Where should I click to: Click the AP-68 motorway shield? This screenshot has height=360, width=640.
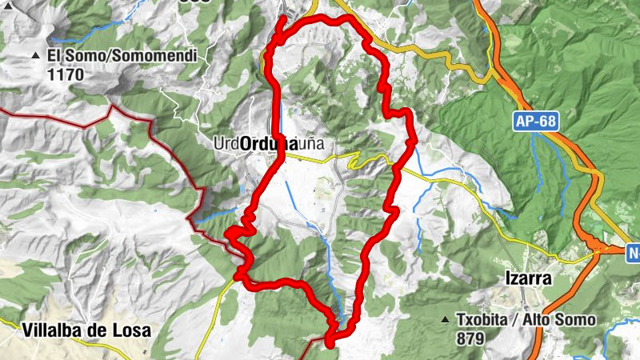[535, 122]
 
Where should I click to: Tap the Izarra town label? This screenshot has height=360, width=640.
[529, 279]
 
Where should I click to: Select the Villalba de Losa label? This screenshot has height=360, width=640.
[86, 330]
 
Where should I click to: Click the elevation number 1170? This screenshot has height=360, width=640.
[66, 75]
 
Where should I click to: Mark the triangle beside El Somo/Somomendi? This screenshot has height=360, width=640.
[36, 57]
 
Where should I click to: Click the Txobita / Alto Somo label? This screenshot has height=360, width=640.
[526, 320]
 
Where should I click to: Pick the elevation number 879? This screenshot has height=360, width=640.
[470, 338]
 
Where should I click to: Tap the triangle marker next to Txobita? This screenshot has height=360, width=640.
[445, 321]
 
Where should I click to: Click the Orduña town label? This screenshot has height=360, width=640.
[268, 144]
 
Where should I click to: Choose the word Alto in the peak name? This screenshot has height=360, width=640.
[538, 320]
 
